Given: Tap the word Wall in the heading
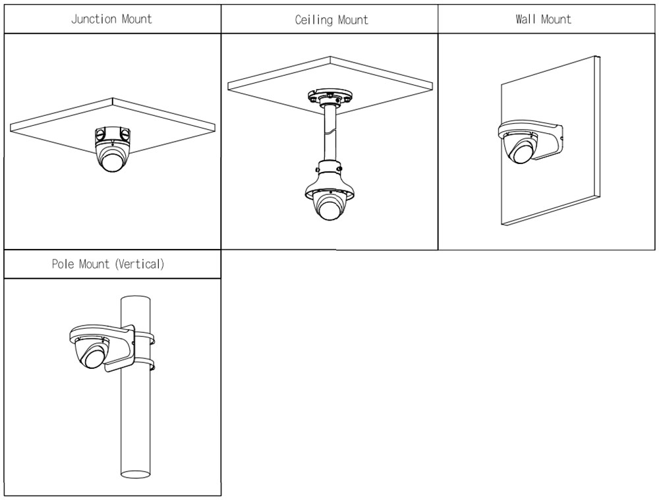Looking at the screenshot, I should [525, 19].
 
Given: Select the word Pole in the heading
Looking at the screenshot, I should [63, 264].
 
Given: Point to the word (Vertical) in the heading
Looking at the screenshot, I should [140, 264].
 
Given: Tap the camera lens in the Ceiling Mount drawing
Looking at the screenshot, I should [328, 209].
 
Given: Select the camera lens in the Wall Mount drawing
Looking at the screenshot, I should [525, 153].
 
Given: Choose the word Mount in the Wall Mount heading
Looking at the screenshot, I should [556, 19].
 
